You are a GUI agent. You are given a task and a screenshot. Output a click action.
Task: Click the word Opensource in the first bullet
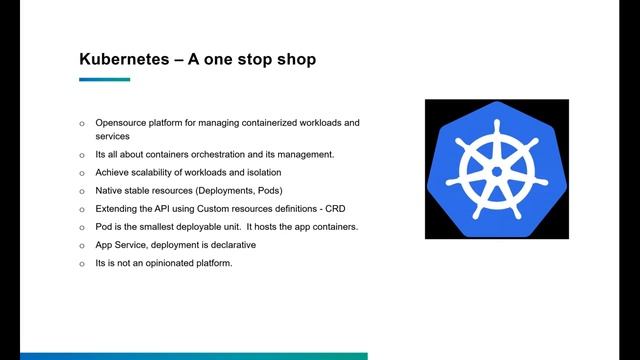123,123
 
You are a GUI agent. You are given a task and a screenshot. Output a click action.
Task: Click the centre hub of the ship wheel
496,172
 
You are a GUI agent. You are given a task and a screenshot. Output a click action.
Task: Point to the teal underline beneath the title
104,79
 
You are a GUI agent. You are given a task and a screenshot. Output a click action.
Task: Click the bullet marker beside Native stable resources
82,191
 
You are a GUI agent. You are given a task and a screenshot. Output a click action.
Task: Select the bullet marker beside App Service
82,245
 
